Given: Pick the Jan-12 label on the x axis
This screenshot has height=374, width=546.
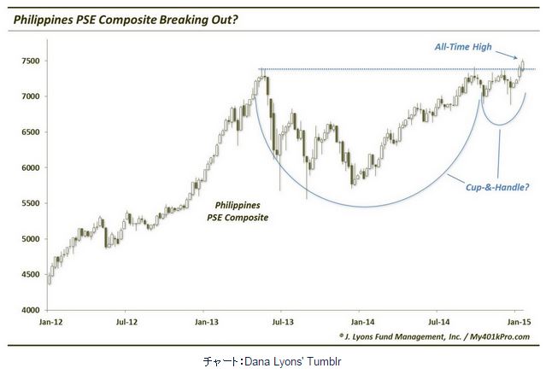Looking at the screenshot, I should [48, 322].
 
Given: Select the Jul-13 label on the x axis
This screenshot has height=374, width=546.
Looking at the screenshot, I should [282, 322].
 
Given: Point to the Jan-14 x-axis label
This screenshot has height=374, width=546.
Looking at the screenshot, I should [359, 322].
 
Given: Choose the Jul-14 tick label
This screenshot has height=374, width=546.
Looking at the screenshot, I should [437, 322].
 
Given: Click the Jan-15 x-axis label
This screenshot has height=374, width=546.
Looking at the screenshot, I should [514, 322].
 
